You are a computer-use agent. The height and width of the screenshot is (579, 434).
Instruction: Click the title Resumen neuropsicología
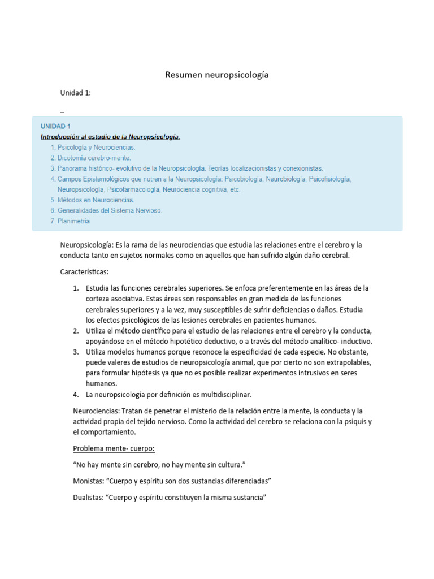pos(216,75)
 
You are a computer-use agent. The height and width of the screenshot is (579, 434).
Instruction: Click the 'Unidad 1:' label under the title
pos(76,93)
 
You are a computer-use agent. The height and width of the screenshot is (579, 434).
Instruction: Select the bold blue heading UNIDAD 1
pos(55,126)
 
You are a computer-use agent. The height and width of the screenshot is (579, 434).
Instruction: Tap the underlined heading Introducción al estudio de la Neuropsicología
pos(110,137)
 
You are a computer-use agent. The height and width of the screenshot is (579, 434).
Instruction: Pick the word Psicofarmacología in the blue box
pos(133,189)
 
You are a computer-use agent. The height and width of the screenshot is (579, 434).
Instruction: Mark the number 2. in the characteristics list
pos(76,330)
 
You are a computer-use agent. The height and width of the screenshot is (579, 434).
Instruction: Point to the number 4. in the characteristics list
pos(76,394)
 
